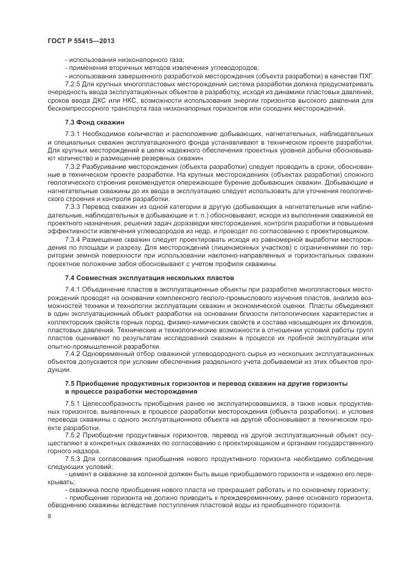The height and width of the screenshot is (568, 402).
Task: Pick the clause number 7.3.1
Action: coord(73,132)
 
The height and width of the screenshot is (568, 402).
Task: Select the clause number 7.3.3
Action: coord(73,207)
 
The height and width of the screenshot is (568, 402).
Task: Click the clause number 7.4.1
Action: coord(73,289)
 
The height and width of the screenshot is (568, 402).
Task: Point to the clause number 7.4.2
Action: coord(73,354)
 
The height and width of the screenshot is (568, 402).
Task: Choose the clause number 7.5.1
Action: coord(73,404)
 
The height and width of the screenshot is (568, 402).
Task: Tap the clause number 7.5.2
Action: coord(73,436)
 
